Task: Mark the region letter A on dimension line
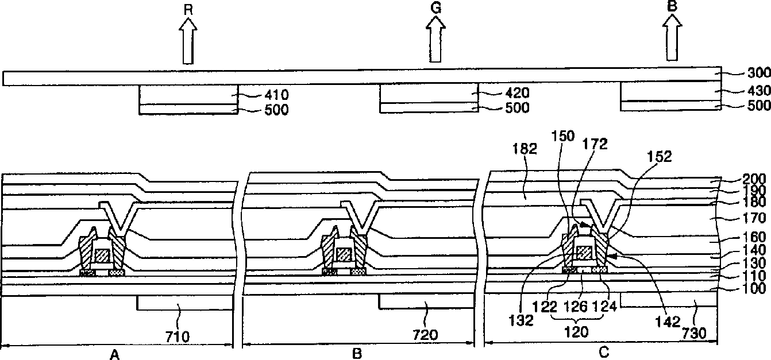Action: pyautogui.click(x=115, y=355)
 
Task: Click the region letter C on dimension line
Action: pyautogui.click(x=603, y=354)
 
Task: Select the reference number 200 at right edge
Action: pyautogui.click(x=753, y=179)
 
